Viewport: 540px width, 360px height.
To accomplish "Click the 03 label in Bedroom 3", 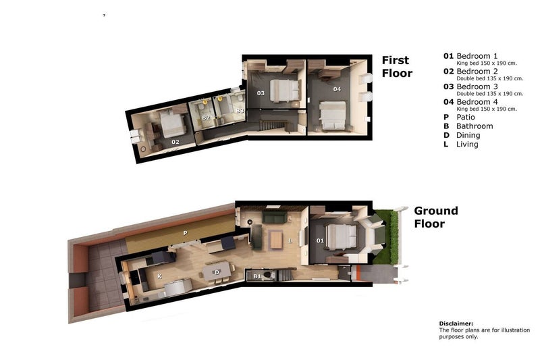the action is pyautogui.click(x=261, y=93).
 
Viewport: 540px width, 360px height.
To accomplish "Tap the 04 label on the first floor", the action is pyautogui.click(x=337, y=89).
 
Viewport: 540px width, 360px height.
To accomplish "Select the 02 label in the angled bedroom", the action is pyautogui.click(x=175, y=142).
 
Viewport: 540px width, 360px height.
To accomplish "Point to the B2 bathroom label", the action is pyautogui.click(x=206, y=118).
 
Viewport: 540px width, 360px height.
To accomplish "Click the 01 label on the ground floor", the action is pyautogui.click(x=320, y=240).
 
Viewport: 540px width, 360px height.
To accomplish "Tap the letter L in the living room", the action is pyautogui.click(x=290, y=241).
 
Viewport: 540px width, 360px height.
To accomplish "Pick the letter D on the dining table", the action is pyautogui.click(x=217, y=272).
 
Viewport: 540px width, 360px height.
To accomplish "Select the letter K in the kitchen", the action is pyautogui.click(x=159, y=276).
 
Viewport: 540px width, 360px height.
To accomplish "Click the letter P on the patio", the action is pyautogui.click(x=185, y=233).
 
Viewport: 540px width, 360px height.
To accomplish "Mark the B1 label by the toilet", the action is pyautogui.click(x=257, y=276).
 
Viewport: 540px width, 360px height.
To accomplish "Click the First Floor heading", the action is pyautogui.click(x=397, y=66).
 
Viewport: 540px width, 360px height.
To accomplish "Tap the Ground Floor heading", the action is pyautogui.click(x=436, y=217).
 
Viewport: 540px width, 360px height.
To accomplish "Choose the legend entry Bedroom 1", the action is pyautogui.click(x=477, y=56).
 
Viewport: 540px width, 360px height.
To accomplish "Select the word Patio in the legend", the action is pyautogui.click(x=466, y=117).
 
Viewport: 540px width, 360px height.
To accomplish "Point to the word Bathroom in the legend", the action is pyautogui.click(x=475, y=126).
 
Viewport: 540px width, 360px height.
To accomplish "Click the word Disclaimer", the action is pyautogui.click(x=456, y=324).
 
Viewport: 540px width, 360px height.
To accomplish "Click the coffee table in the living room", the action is pyautogui.click(x=276, y=240).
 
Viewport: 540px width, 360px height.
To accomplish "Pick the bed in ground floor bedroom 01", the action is pyautogui.click(x=341, y=236).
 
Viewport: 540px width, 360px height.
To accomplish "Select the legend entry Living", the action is pyautogui.click(x=467, y=145).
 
